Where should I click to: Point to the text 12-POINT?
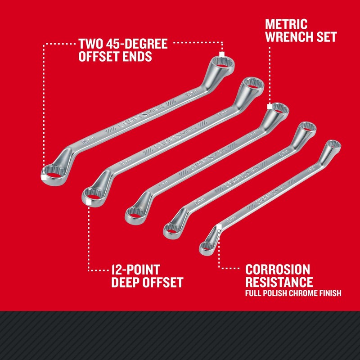pyautogui.click(x=135, y=270)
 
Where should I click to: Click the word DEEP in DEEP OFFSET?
pyautogui.click(x=126, y=283)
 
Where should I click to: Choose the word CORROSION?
pyautogui.click(x=278, y=270)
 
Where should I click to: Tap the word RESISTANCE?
pyautogui.click(x=279, y=283)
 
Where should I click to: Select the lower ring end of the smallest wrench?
pyautogui.click(x=207, y=247)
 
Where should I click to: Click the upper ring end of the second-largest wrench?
pyautogui.click(x=253, y=86)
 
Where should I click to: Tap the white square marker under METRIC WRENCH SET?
pyautogui.click(x=270, y=107)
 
